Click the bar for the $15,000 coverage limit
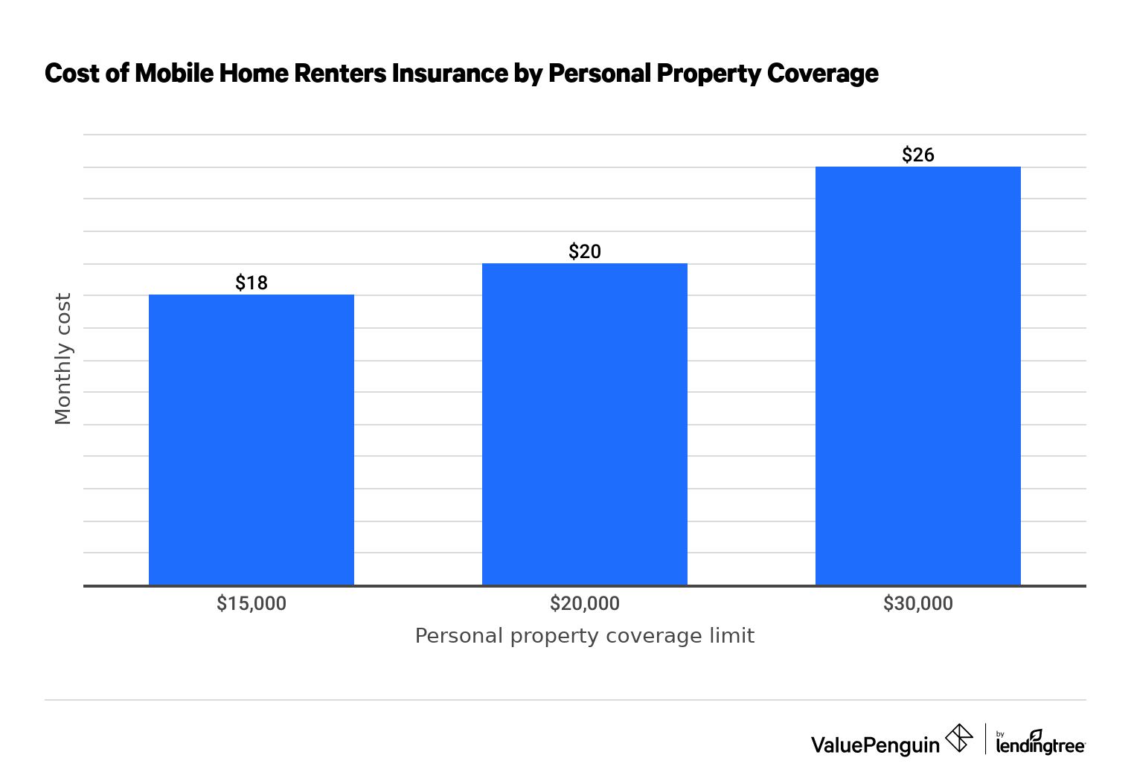click(251, 440)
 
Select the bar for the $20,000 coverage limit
click(585, 424)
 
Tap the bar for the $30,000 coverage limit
click(918, 376)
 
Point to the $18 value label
click(251, 283)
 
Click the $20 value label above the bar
click(585, 251)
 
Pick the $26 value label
click(918, 155)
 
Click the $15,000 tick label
click(251, 603)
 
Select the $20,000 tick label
click(585, 603)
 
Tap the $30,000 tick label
click(918, 603)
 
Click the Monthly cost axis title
click(63, 359)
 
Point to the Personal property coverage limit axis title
click(585, 636)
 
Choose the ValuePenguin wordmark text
click(875, 745)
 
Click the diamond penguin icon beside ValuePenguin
click(959, 739)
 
